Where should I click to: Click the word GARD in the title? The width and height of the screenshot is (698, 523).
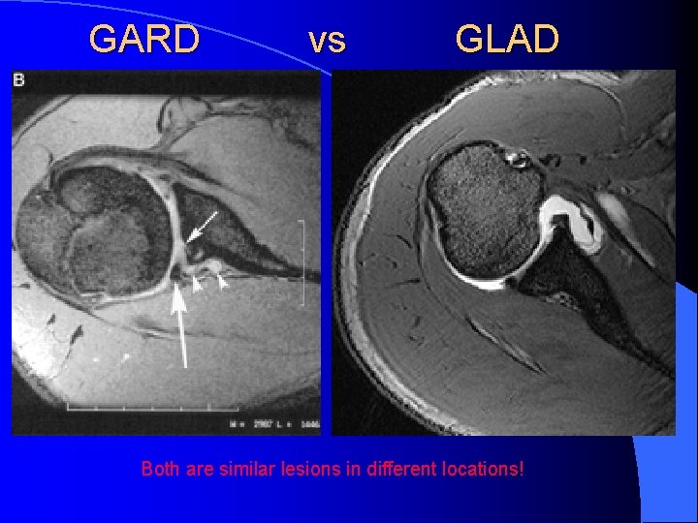pyautogui.click(x=144, y=40)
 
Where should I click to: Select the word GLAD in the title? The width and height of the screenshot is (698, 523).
pyautogui.click(x=507, y=40)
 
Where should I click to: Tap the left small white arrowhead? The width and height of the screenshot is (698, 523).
pyautogui.click(x=198, y=284)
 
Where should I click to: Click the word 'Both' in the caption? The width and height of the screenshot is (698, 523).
pyautogui.click(x=159, y=470)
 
